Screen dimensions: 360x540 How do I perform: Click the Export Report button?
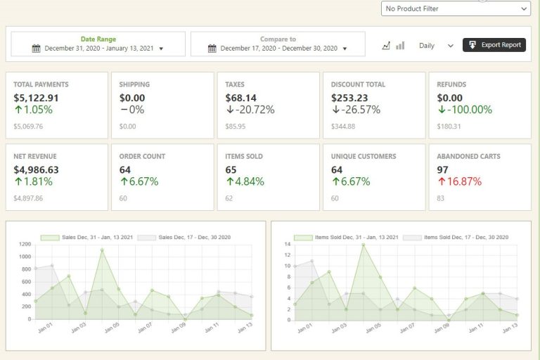(x=494, y=45)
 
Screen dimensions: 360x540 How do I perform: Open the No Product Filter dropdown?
(x=456, y=8)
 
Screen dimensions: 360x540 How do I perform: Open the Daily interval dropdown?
(x=436, y=45)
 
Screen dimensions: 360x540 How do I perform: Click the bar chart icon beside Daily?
(x=400, y=45)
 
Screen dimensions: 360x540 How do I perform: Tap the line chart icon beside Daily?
(x=386, y=45)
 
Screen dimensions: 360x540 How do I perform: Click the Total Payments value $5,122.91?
(x=36, y=98)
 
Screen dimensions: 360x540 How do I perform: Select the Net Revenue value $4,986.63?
(x=36, y=169)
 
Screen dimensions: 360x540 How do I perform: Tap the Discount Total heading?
(x=358, y=84)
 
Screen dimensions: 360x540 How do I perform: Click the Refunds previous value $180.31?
(x=449, y=127)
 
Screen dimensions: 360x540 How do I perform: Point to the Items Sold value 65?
(x=231, y=169)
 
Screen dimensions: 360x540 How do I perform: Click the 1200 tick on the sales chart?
(x=25, y=244)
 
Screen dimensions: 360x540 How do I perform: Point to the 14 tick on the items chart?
(x=287, y=244)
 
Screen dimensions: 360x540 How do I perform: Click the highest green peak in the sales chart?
(x=102, y=250)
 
